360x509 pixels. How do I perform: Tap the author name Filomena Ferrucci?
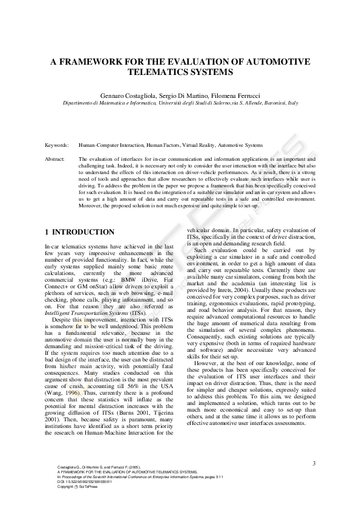click(231, 96)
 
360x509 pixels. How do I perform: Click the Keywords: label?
click(57, 146)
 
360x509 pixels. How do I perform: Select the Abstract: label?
click(55, 159)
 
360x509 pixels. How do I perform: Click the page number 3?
click(314, 464)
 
